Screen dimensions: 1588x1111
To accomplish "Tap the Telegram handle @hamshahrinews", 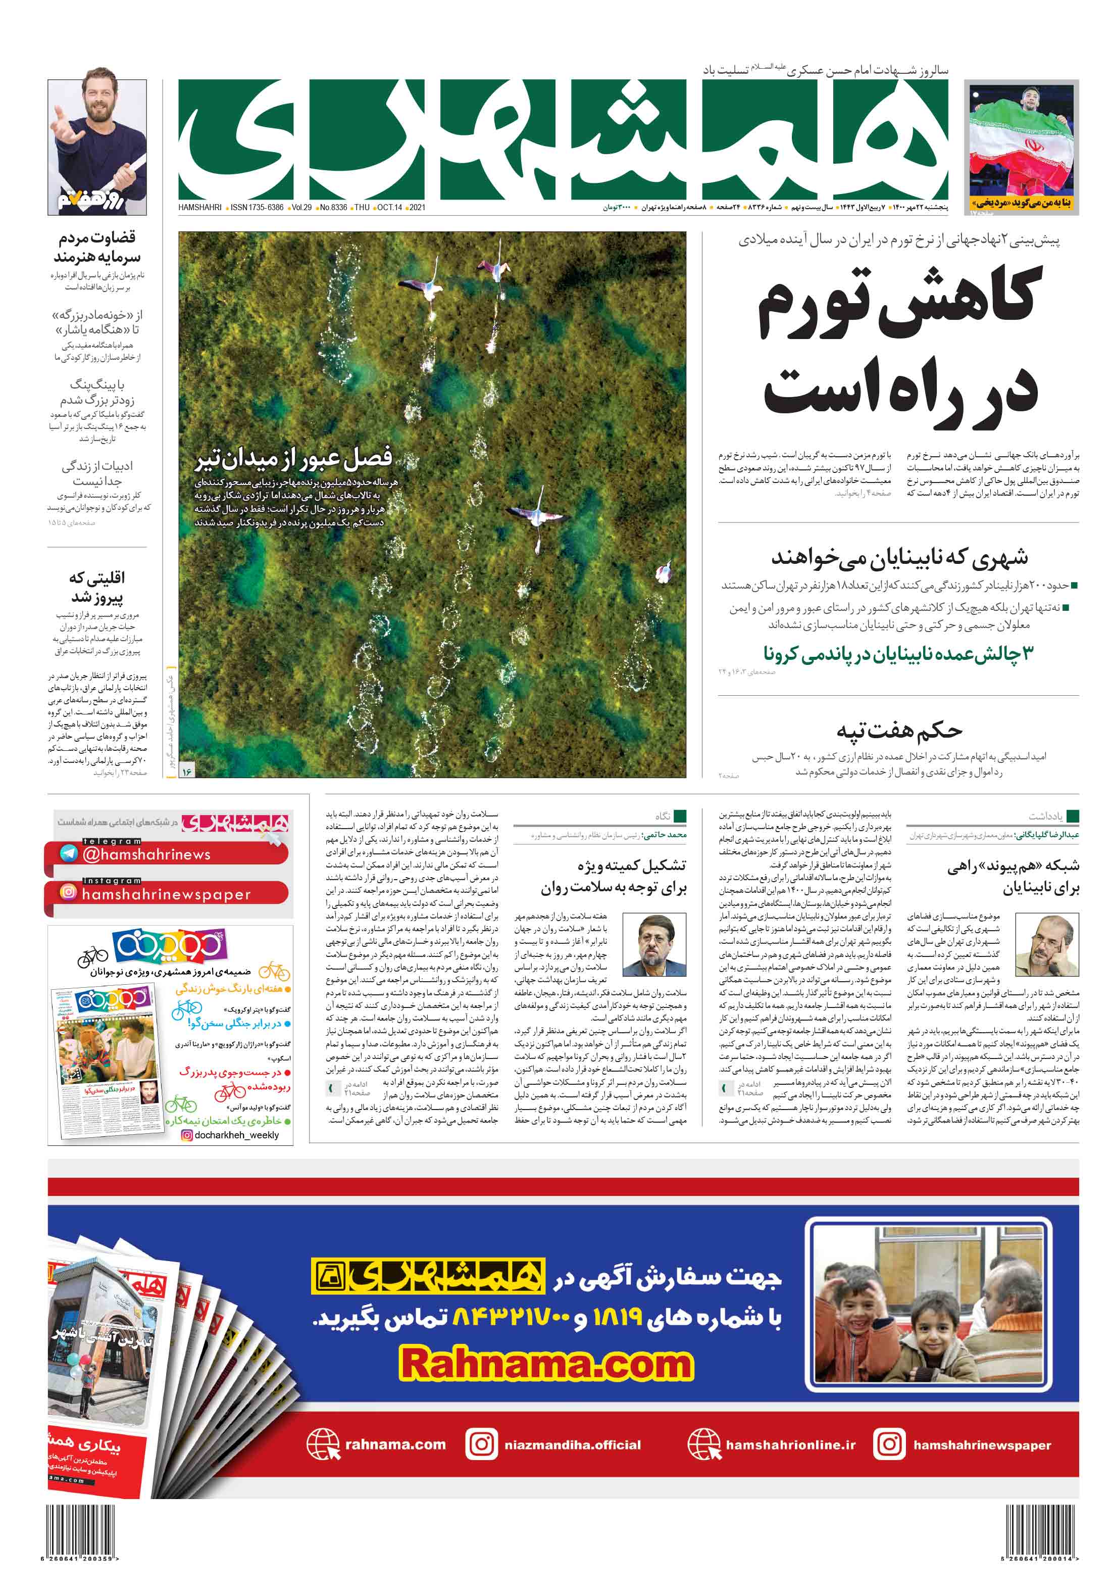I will (146, 854).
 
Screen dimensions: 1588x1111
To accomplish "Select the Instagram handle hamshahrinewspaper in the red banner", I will (166, 894).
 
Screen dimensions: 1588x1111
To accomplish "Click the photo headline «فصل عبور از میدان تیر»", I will (293, 457).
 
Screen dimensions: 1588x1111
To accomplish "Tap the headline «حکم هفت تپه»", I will (899, 731).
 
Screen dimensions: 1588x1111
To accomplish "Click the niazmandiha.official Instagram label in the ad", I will (572, 1445).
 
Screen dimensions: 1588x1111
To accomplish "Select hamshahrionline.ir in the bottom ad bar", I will (789, 1445).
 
